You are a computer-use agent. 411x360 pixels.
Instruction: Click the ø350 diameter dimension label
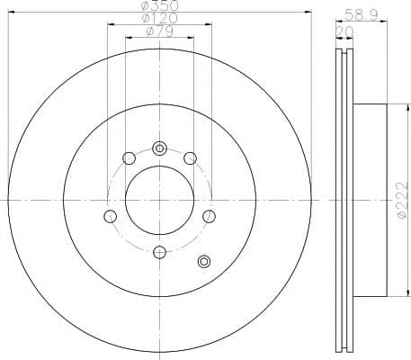[159, 6]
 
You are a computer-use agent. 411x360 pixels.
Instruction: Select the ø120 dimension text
[159, 20]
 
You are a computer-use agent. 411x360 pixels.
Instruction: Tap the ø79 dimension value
[159, 33]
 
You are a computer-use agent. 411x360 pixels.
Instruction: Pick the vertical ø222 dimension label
[398, 199]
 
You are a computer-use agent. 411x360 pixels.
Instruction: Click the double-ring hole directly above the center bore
[160, 148]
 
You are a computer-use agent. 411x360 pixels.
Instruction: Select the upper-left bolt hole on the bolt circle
[129, 159]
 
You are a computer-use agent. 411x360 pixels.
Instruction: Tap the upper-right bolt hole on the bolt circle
[190, 159]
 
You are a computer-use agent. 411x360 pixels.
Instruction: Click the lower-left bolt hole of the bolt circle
[111, 216]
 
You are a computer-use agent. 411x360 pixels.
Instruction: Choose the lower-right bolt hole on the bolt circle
[210, 216]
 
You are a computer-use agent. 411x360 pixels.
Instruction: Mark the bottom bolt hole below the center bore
[160, 252]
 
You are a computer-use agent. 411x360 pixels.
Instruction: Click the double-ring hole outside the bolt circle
[203, 262]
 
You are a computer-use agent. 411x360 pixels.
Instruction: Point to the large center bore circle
[160, 200]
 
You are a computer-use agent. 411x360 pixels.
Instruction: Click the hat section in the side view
[371, 200]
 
